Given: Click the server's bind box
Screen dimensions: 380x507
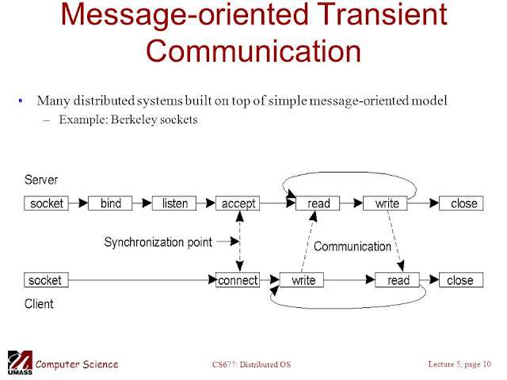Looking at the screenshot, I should pos(111,203).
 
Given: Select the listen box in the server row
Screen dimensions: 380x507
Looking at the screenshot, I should pos(175,203).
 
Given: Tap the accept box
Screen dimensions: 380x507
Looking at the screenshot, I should pos(238,203).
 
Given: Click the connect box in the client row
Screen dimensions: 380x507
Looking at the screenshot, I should pos(238,280).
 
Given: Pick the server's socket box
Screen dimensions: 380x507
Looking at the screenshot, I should pos(46,203).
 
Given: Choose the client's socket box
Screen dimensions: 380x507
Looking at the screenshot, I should pos(46,280).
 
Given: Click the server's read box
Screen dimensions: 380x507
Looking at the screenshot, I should pos(318,203).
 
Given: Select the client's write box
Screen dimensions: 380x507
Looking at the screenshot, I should pos(303,280).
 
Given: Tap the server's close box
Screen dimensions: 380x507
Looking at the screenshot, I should pos(463,203).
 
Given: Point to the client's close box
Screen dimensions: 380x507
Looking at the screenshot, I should pos(459,280).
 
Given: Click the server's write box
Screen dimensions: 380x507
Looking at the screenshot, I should pos(387,203).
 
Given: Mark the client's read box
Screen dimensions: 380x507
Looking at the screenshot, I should pos(398,280).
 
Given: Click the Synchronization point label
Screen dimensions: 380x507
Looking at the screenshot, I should pos(158,242).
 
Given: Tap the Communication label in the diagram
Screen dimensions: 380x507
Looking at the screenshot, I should pos(353,246).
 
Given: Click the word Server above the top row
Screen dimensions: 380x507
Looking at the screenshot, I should pos(41,180).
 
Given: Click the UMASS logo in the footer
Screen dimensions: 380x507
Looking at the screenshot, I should pos(19,363).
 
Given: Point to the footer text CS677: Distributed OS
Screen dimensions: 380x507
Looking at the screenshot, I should pos(253,364).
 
